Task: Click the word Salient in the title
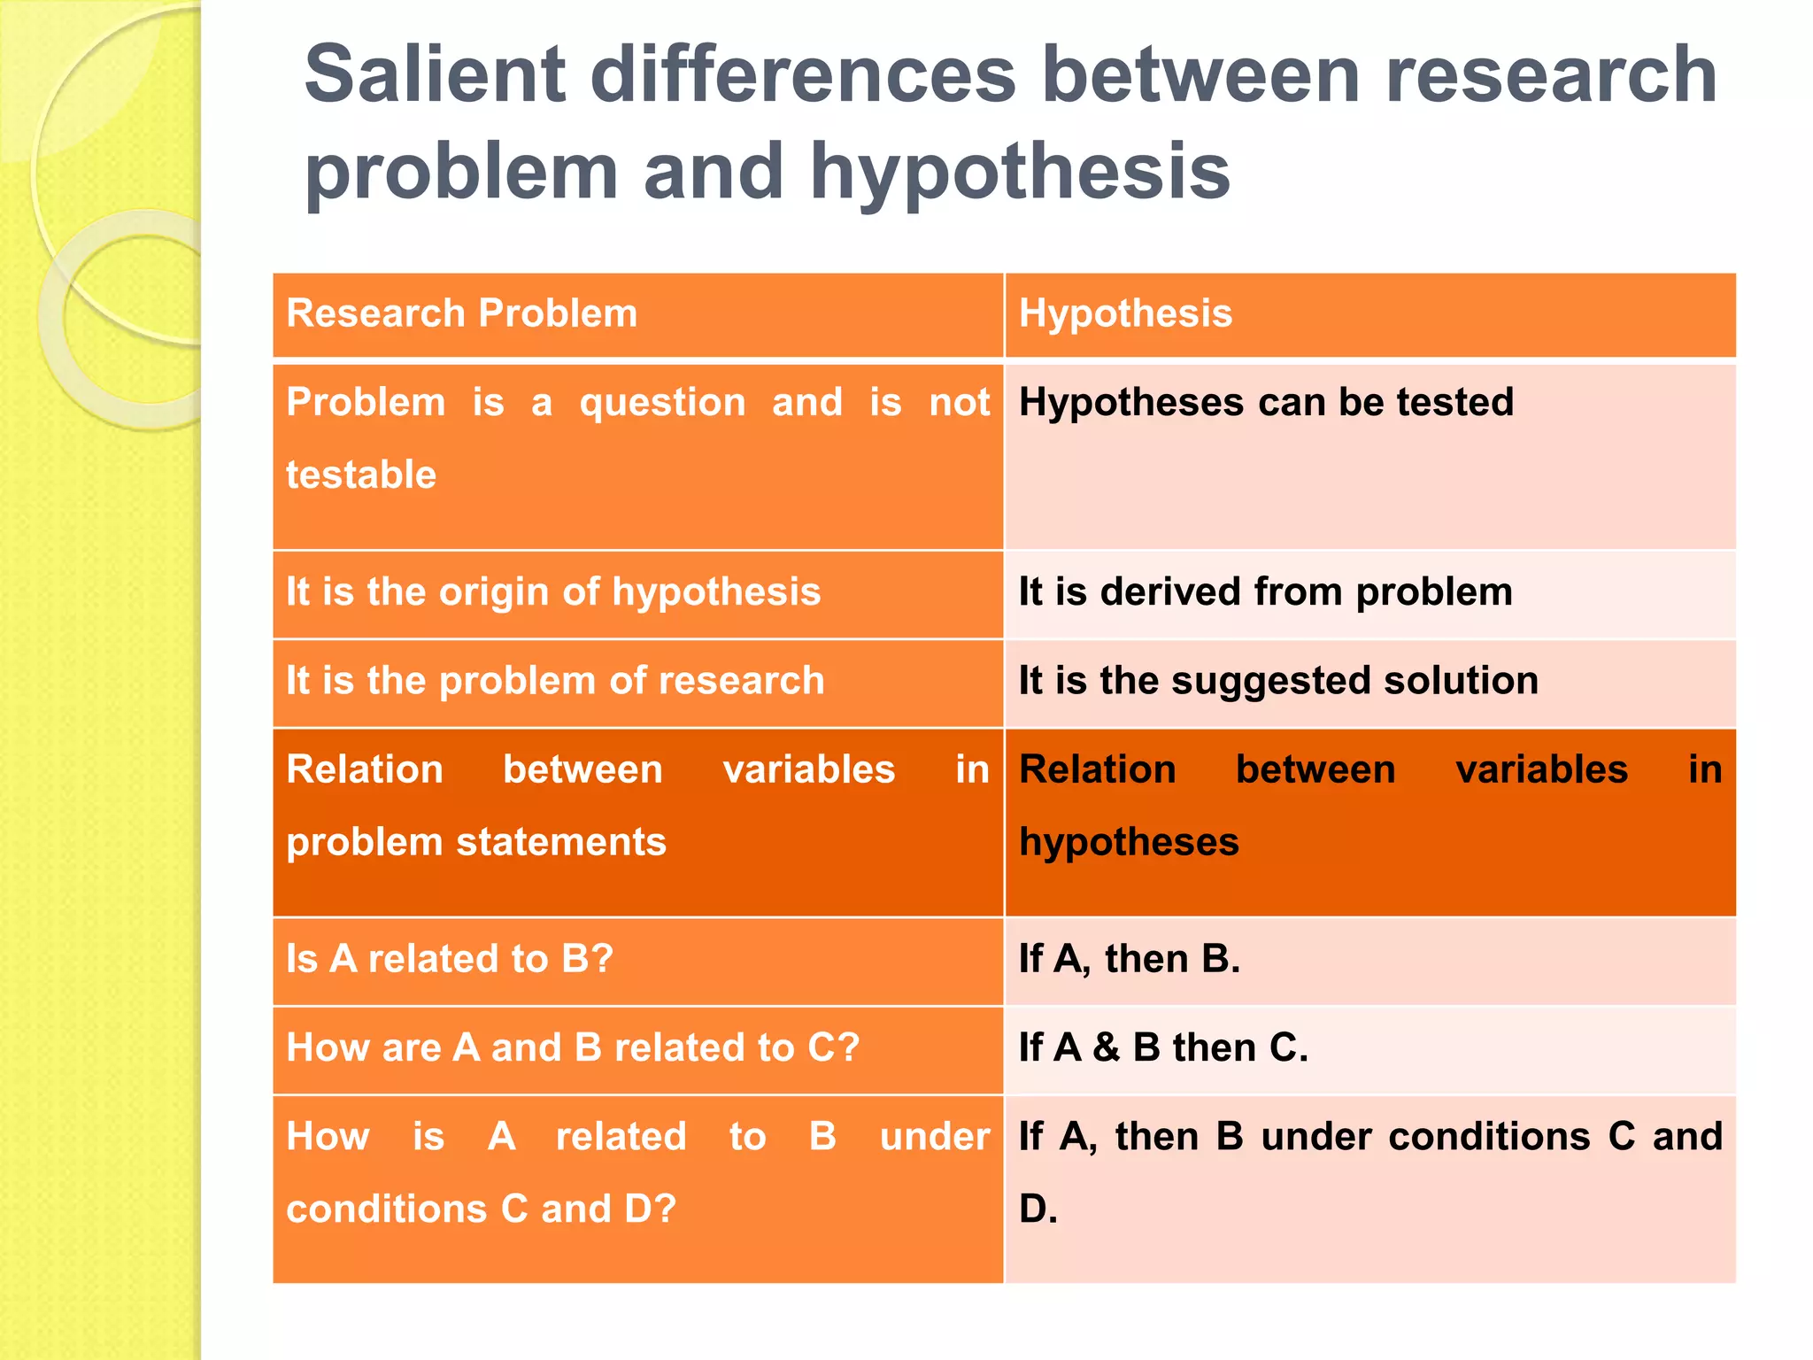[435, 76]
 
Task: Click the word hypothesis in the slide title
[1020, 172]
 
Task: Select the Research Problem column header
[461, 314]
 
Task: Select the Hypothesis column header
[1125, 314]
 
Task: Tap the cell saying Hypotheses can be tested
[1266, 403]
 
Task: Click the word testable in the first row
[361, 475]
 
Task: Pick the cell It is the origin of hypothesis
[553, 592]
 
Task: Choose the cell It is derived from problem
[1266, 592]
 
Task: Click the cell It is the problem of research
[555, 681]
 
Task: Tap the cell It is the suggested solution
[1278, 681]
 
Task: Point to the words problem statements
[476, 842]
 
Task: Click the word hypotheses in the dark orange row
[1129, 842]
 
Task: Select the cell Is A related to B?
[450, 959]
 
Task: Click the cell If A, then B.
[1130, 959]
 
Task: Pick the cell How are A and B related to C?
[573, 1047]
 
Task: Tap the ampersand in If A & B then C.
[1107, 1048]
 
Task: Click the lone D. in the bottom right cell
[1038, 1209]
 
